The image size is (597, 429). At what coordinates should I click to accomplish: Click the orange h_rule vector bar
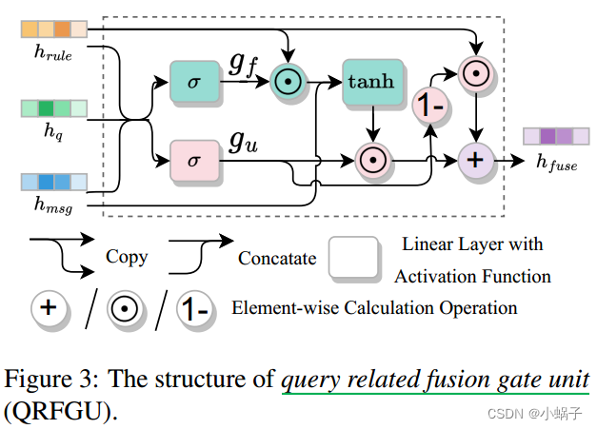tap(54, 29)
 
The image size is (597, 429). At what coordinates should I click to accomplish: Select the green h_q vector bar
tap(54, 107)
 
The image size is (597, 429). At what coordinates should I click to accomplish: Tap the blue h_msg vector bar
tap(54, 181)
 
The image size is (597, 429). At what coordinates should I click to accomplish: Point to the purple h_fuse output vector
tap(549, 136)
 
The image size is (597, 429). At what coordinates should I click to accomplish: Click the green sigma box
tap(193, 83)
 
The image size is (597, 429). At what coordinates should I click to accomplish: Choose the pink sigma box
tap(193, 161)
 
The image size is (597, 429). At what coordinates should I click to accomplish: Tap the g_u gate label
tap(242, 142)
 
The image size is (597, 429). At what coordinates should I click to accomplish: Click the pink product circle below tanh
tap(371, 161)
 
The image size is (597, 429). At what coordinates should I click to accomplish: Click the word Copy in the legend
tap(127, 258)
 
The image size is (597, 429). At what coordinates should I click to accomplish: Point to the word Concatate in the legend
tap(276, 258)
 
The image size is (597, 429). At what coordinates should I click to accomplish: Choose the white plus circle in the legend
tap(50, 309)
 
